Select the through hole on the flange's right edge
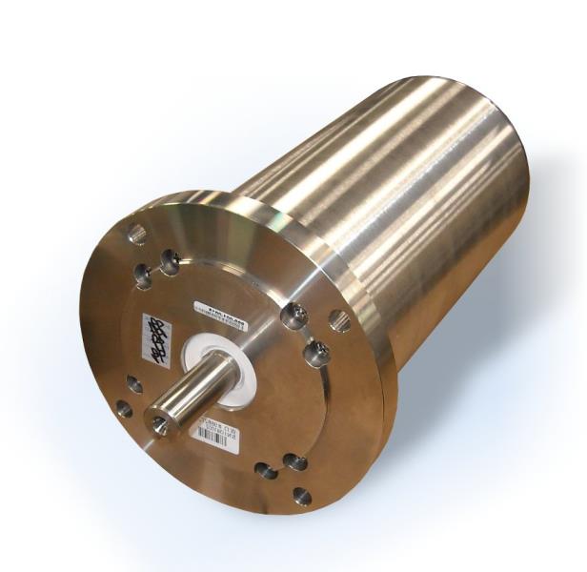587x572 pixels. click(340, 322)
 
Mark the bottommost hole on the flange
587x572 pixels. click(301, 496)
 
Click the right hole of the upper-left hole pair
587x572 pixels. click(171, 259)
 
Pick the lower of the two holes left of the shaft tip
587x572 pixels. click(123, 409)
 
